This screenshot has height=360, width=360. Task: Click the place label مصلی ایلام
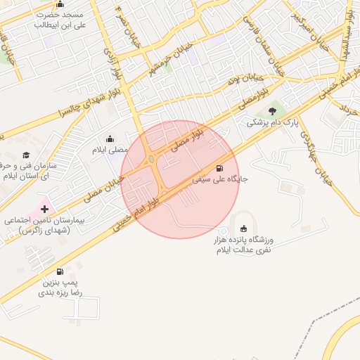[x=110, y=150]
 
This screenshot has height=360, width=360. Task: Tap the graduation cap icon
[x=27, y=155]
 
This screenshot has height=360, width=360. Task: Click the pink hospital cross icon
[x=45, y=209]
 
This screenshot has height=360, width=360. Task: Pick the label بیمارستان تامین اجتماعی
[x=44, y=225]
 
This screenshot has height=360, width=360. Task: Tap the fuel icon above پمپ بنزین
[x=59, y=271]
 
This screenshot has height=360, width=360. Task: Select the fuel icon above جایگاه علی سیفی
[x=221, y=168]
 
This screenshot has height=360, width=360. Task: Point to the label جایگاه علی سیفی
[x=221, y=180]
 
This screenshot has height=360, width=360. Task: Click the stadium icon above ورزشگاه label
[x=243, y=229]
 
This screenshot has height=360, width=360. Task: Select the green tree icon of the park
[x=272, y=111]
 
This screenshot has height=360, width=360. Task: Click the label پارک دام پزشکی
[x=272, y=122]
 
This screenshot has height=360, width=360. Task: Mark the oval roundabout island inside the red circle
[x=152, y=160]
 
